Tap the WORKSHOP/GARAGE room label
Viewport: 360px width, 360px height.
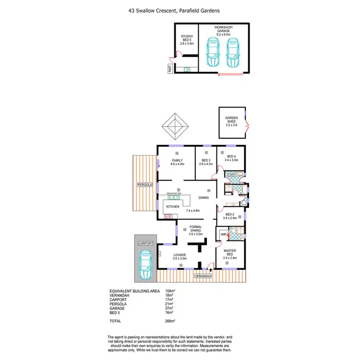click(x=224, y=31)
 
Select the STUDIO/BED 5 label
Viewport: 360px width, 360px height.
click(x=186, y=39)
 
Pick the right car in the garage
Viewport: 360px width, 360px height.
click(x=233, y=53)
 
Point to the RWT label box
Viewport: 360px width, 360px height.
click(x=170, y=70)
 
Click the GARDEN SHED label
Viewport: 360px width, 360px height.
click(x=232, y=121)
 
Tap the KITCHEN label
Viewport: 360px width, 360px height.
click(x=172, y=207)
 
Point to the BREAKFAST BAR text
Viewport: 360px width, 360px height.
click(x=174, y=193)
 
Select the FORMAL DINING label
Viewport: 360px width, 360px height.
click(x=195, y=229)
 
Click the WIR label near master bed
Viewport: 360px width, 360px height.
click(x=223, y=234)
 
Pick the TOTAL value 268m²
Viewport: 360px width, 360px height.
click(x=170, y=321)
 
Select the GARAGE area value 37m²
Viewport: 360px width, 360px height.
click(x=168, y=308)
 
